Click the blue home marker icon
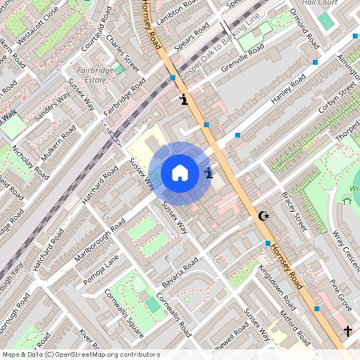pos(180,172)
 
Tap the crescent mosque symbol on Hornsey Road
pos(262,215)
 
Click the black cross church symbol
pos(347,330)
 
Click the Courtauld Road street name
pos(93,29)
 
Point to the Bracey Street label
pos(294,212)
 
